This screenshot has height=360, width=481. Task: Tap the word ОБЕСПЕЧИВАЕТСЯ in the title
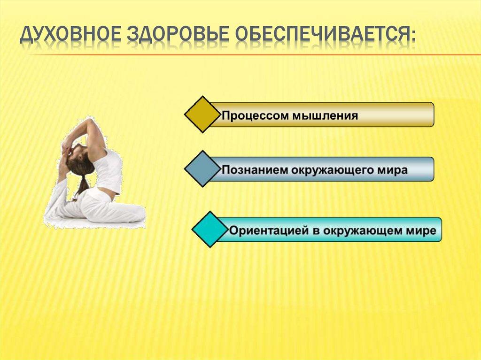[x=320, y=36]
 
